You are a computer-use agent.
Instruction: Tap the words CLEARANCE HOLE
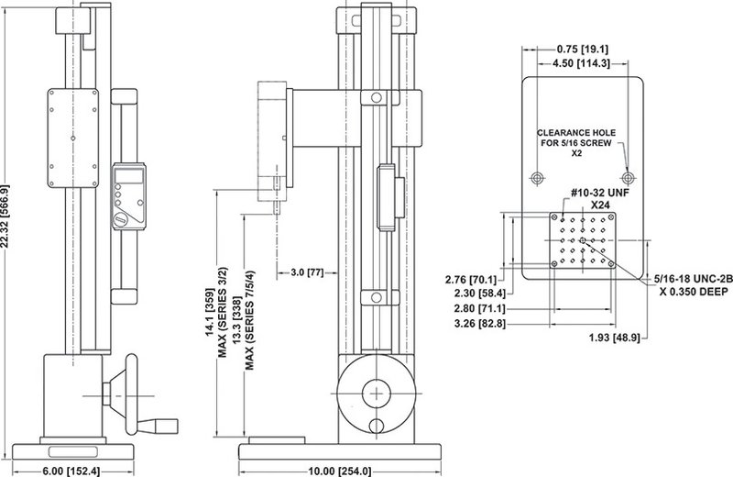pos(582,131)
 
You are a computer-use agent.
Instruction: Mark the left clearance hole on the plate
pos(538,175)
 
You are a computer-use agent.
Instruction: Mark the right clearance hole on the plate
pos(627,175)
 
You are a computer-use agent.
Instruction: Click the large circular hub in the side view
pos(375,392)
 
